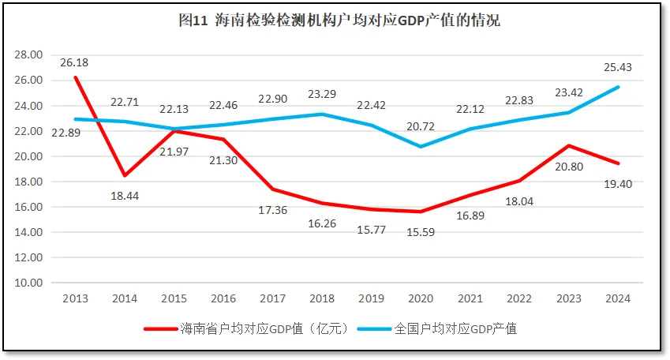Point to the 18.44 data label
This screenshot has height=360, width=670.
click(x=125, y=193)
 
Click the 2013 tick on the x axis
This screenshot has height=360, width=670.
click(x=76, y=298)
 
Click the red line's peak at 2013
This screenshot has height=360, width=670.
click(x=76, y=77)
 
